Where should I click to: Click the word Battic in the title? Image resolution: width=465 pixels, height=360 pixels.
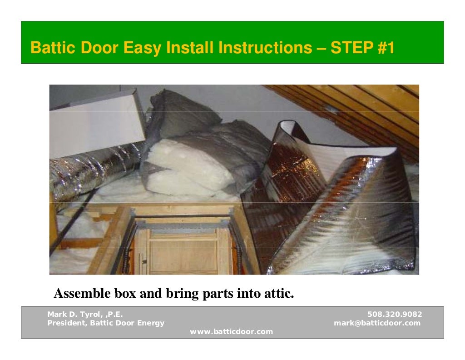[52, 48]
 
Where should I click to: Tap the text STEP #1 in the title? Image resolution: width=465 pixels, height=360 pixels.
[362, 48]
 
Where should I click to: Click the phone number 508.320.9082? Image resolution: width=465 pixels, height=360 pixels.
[394, 314]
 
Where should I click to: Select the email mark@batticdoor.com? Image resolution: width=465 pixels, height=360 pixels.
[377, 323]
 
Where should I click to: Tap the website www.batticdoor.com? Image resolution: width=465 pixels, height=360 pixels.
[232, 332]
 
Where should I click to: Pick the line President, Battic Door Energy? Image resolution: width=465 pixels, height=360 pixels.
[106, 323]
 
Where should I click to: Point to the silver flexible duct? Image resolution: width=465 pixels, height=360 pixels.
[86, 170]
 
